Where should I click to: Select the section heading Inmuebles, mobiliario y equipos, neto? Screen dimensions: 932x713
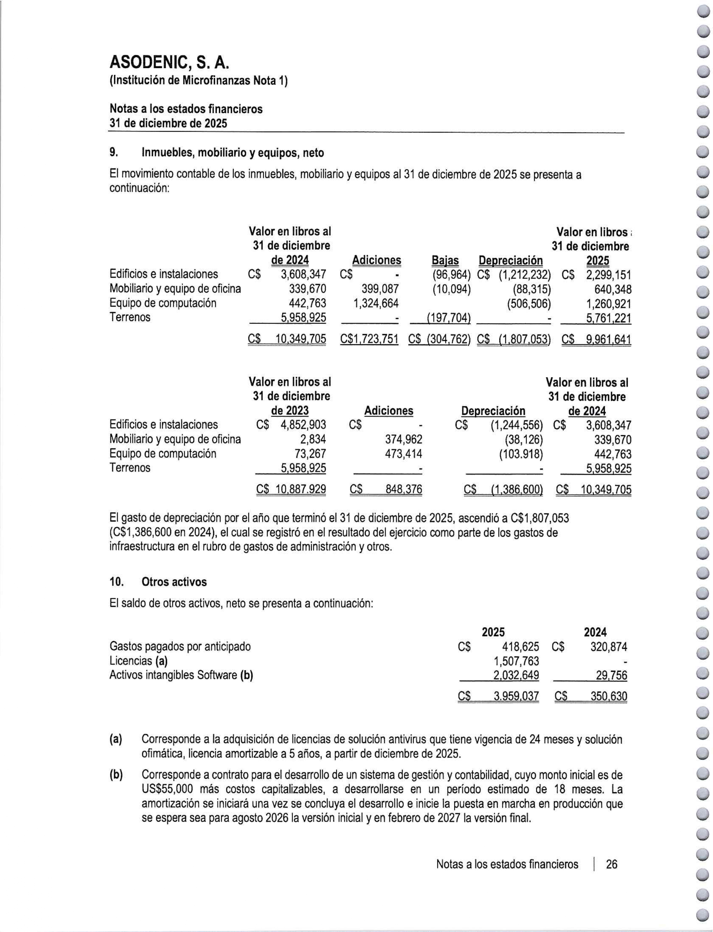[233, 152]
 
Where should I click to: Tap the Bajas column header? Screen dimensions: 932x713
[445, 260]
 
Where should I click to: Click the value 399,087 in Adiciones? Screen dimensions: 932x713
[380, 289]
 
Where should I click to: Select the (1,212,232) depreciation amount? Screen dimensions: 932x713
[525, 275]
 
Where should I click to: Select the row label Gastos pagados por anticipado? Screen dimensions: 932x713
[180, 647]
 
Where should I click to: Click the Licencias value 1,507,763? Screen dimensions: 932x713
[516, 661]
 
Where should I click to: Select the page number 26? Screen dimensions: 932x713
[612, 864]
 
